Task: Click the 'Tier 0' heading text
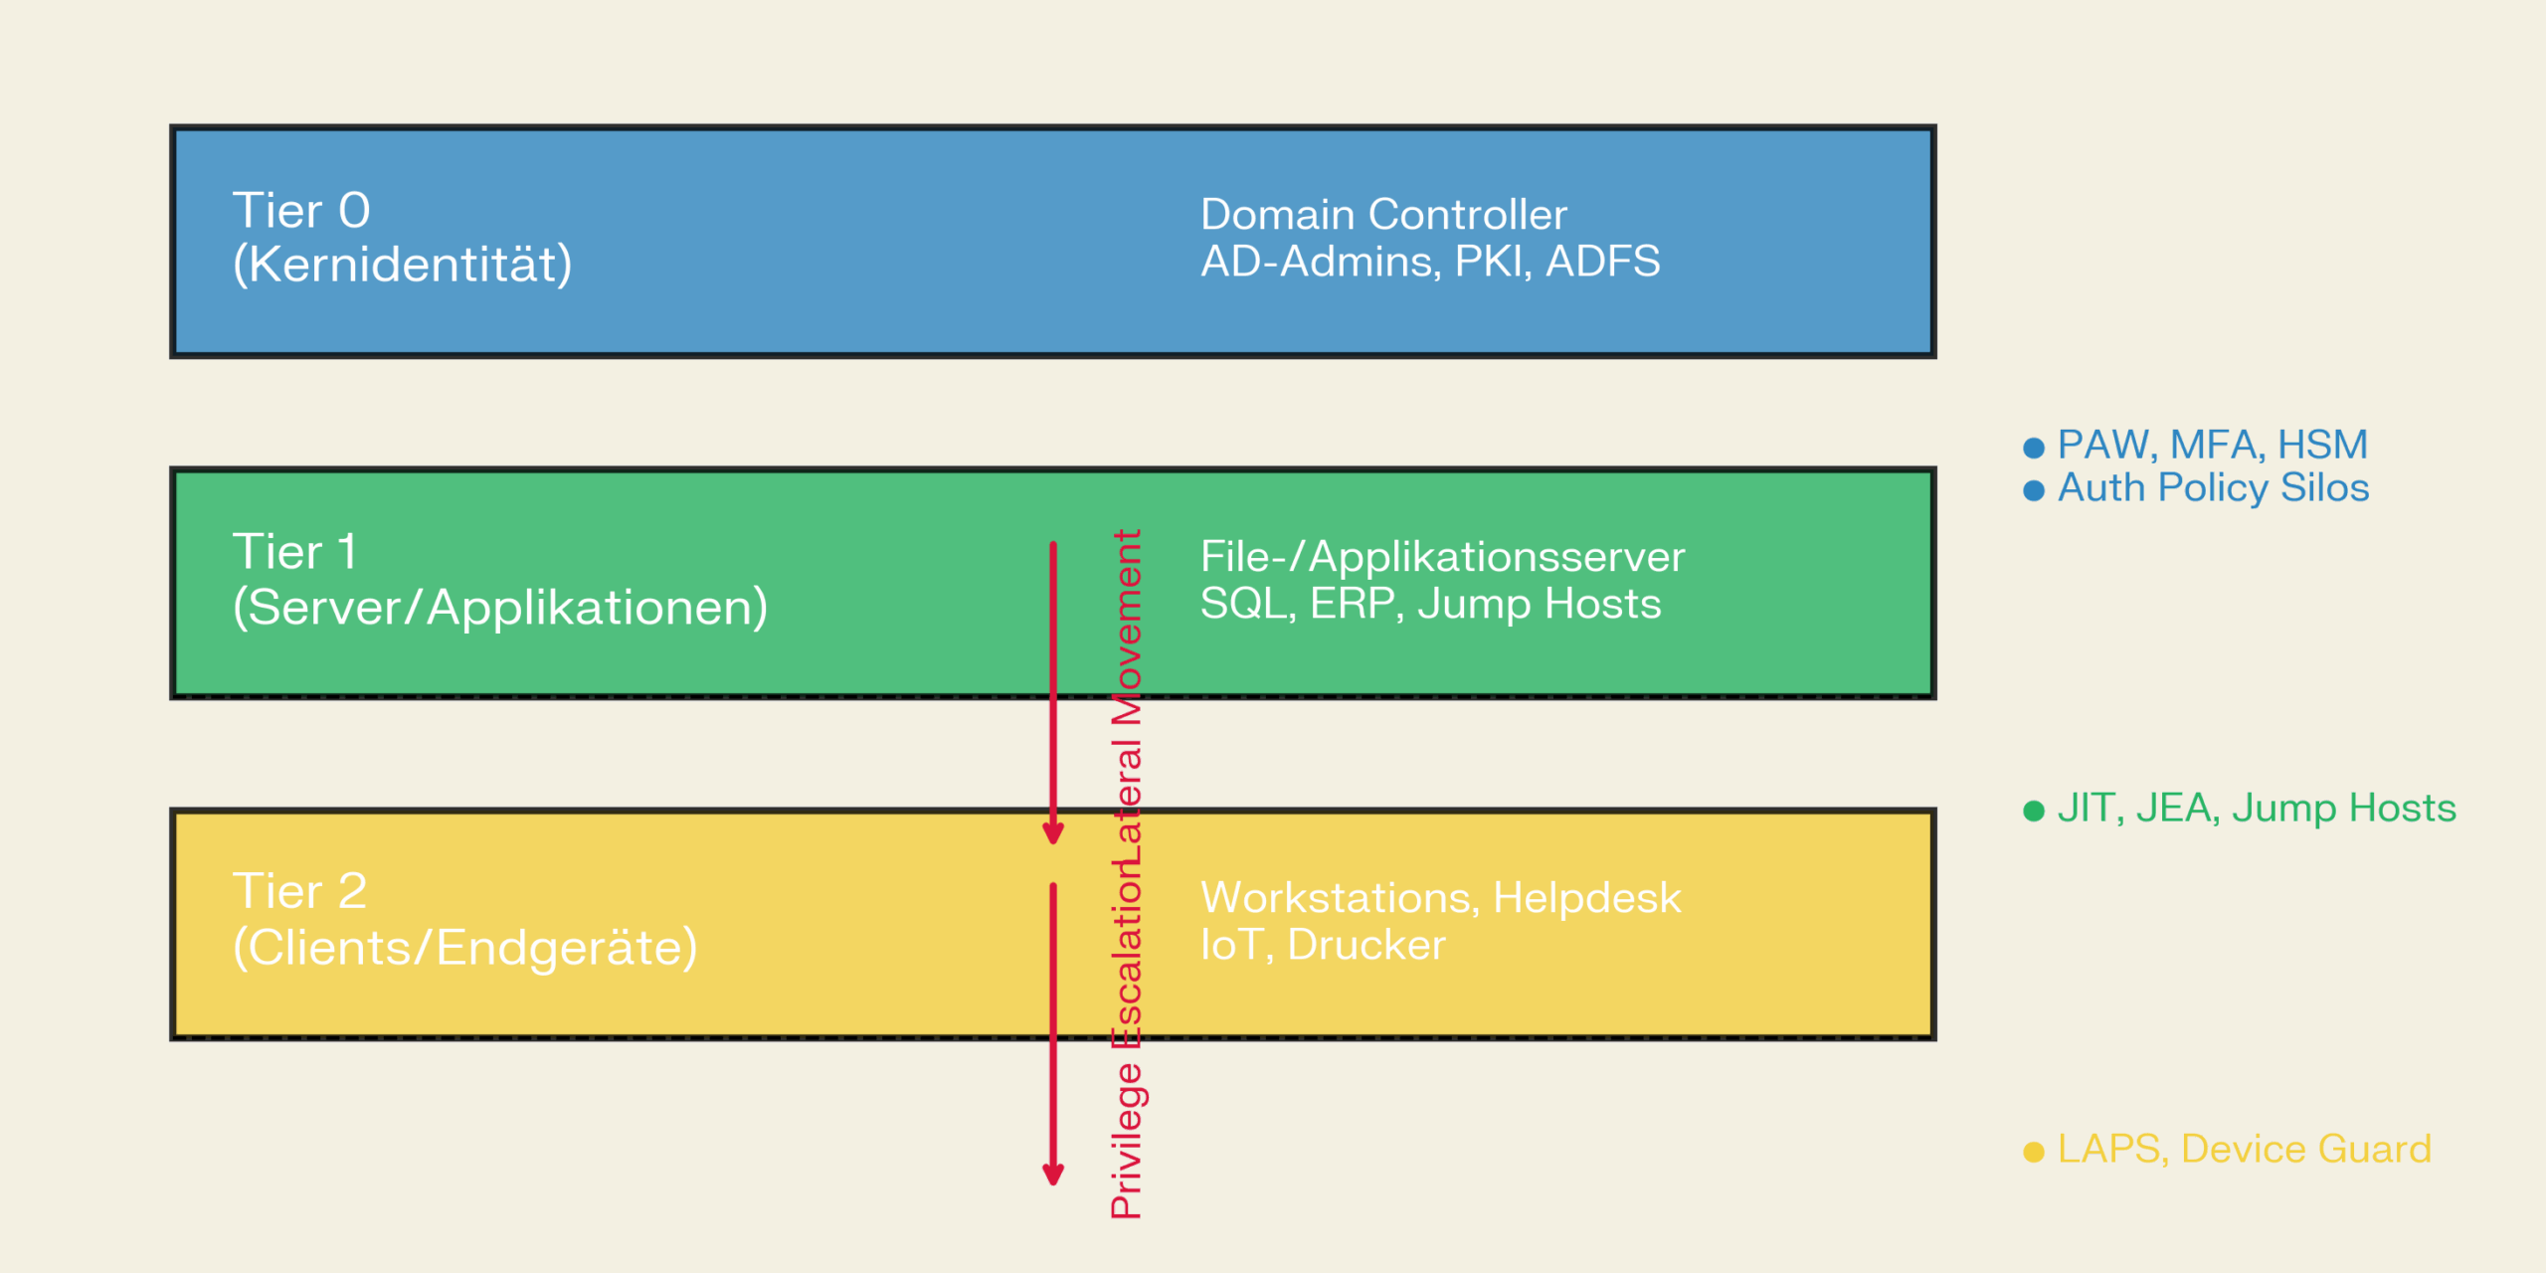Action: coord(301,211)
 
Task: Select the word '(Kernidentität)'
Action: coord(402,265)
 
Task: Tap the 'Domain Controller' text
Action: coord(1383,215)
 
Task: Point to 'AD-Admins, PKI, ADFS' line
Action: coord(1430,262)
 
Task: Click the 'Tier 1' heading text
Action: coord(294,552)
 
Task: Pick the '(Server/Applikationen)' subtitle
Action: coord(500,607)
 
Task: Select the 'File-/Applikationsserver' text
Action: coord(1442,557)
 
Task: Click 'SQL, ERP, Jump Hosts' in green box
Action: coord(1430,604)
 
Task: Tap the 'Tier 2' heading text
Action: coord(299,891)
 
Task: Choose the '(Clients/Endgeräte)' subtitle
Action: coord(465,947)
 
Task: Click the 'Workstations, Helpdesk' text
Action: coord(1440,898)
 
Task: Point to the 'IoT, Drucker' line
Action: coord(1323,945)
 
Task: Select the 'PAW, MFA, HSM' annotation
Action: coord(2212,445)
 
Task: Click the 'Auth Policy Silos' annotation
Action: coord(2213,488)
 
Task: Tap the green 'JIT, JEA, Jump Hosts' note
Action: coord(2256,808)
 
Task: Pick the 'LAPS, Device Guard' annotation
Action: coord(2244,1150)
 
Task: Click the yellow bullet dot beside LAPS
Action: coord(2034,1152)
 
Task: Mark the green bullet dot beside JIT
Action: coord(2034,811)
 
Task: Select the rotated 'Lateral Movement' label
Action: coord(1127,696)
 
